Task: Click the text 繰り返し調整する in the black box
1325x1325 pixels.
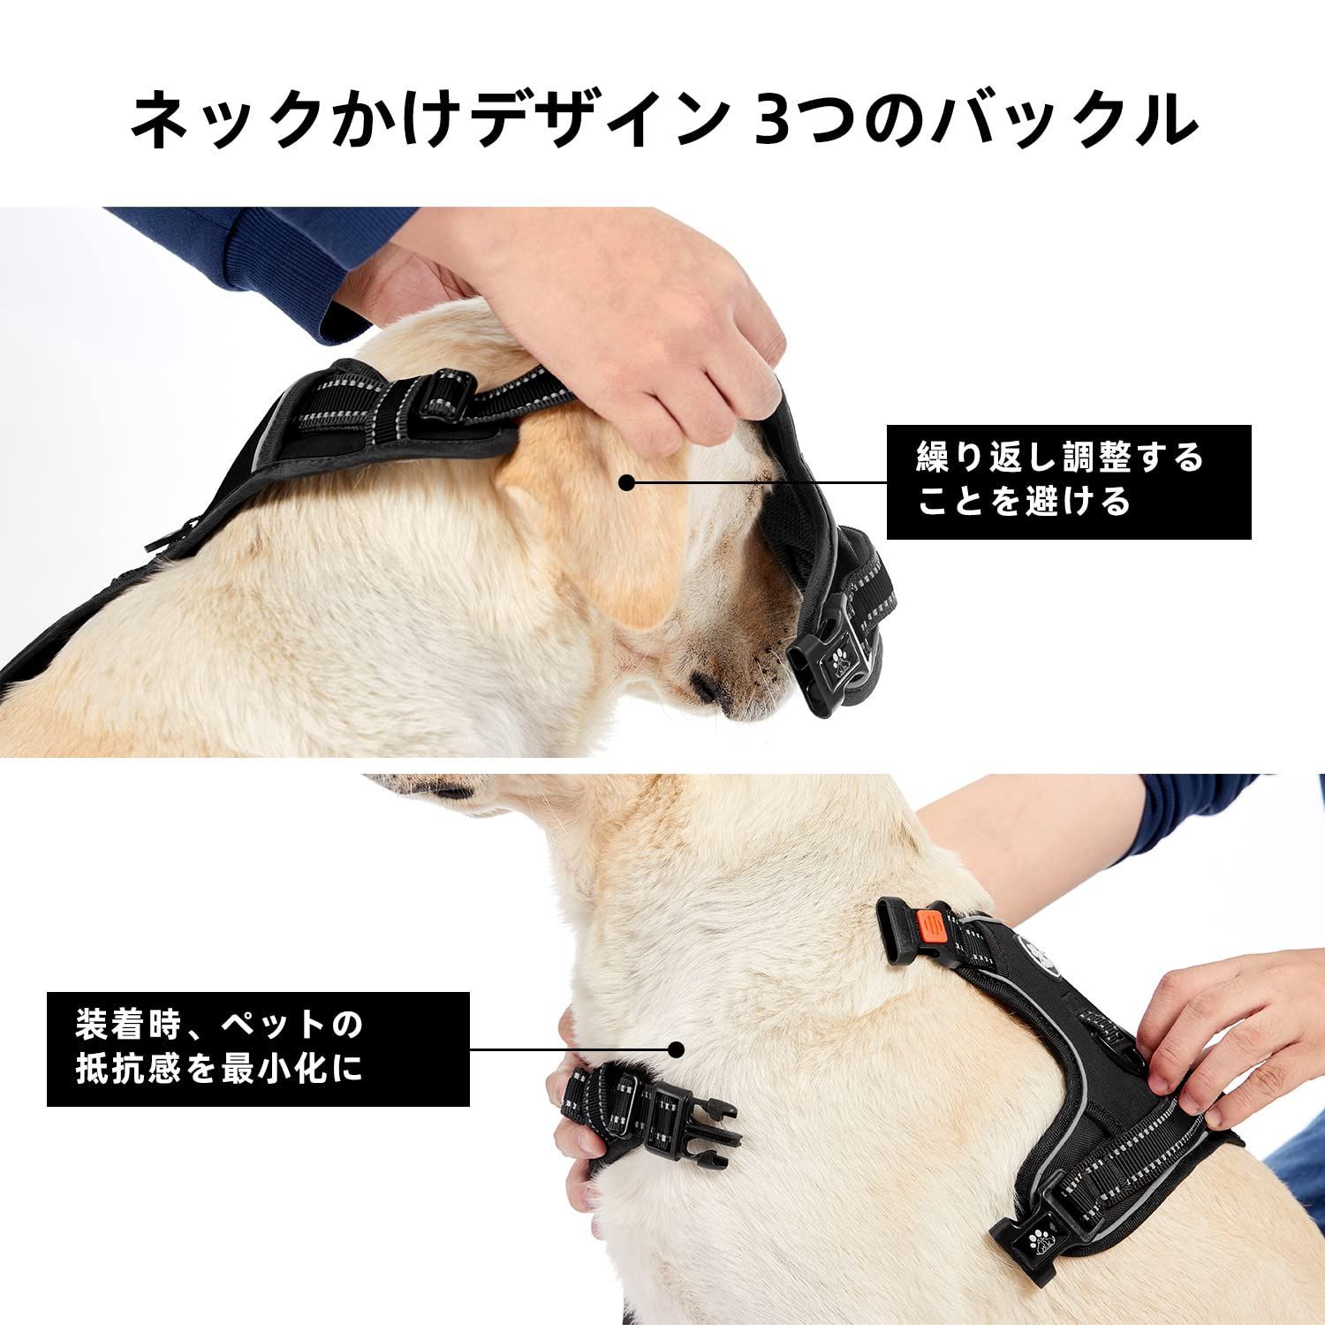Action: coord(1061,458)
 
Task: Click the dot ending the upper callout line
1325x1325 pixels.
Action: coord(626,482)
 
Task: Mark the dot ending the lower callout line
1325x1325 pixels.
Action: coord(678,1049)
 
